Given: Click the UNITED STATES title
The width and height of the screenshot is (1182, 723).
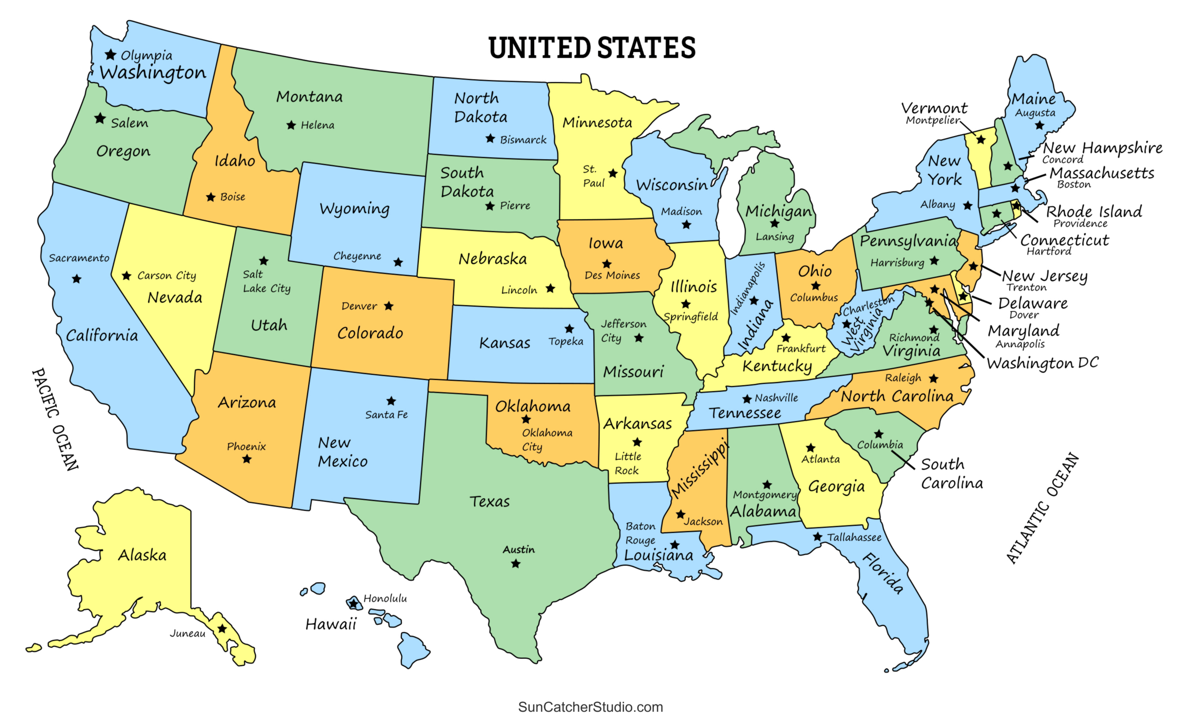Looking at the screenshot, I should (x=592, y=48).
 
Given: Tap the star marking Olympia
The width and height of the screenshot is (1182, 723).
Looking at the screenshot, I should (x=110, y=54).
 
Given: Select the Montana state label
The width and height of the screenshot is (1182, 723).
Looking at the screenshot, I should (x=309, y=97).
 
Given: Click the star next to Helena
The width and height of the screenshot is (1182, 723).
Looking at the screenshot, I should (x=291, y=125).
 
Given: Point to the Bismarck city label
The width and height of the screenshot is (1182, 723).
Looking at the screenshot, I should (x=523, y=140).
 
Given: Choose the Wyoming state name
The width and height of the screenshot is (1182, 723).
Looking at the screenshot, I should (x=355, y=209).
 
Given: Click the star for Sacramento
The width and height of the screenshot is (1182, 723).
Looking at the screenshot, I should (x=77, y=279).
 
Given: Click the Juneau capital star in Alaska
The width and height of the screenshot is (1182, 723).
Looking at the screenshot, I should (x=222, y=629).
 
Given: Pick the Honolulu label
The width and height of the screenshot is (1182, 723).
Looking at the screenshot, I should (x=385, y=599).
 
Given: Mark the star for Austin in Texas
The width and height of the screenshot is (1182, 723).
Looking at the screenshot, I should (x=516, y=564).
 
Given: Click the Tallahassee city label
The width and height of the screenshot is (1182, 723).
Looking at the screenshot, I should (x=854, y=538).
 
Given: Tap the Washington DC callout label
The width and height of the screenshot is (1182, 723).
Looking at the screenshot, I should (x=1043, y=364).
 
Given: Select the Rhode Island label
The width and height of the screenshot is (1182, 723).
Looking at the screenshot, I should (x=1094, y=212).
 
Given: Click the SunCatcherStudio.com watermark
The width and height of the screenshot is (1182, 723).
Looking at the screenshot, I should (x=591, y=707).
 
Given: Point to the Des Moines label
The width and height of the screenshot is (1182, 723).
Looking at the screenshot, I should (x=612, y=275).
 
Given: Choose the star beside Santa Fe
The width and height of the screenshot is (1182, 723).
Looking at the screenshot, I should (x=392, y=401).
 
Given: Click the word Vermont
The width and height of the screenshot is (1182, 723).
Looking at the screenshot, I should (x=934, y=109).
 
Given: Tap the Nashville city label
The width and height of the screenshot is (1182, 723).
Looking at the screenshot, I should (x=776, y=398).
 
